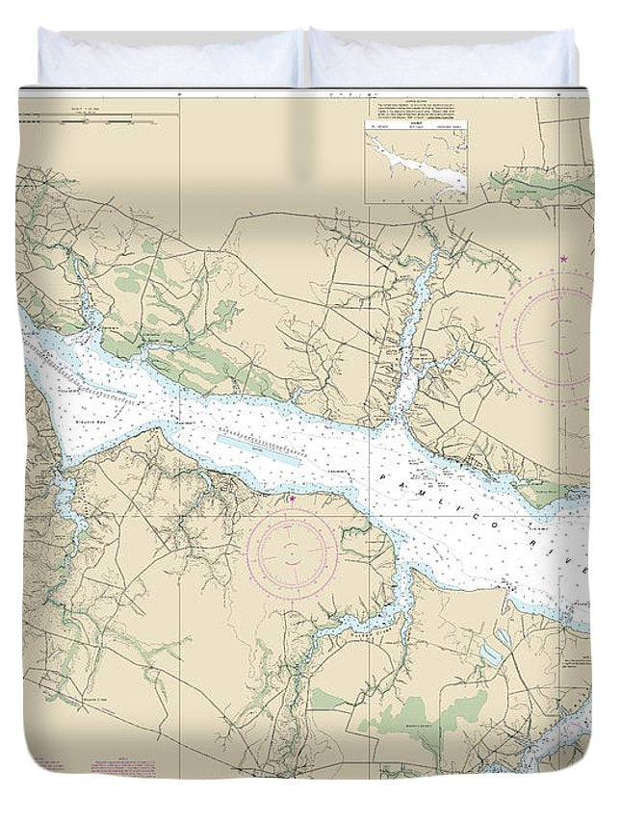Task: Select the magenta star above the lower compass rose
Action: tap(293, 499)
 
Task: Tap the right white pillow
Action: tap(443, 58)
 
